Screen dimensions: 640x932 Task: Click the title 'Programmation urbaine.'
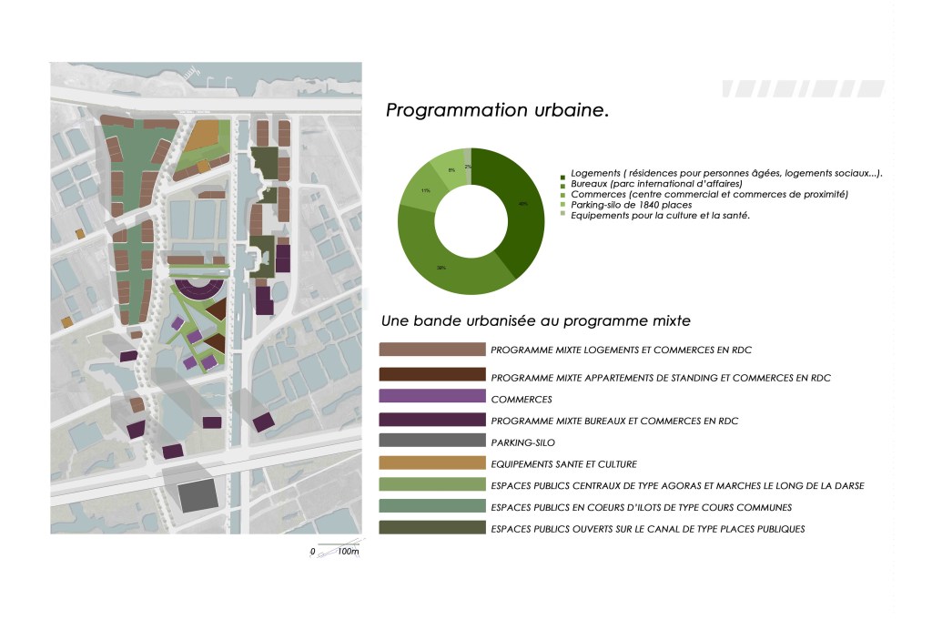click(x=497, y=111)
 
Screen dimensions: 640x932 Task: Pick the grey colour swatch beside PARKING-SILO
click(x=432, y=442)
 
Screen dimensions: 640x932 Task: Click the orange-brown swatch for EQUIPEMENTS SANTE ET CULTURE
click(x=432, y=463)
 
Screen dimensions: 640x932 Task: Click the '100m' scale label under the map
click(x=348, y=553)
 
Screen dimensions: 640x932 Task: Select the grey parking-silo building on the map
click(x=198, y=496)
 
